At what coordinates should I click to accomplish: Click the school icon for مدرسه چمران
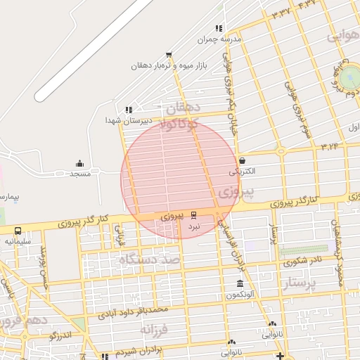pos(219,29)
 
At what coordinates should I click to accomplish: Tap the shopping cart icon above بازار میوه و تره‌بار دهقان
pos(168,55)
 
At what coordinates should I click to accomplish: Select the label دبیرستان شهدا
pos(128,121)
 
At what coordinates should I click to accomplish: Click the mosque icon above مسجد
pos(79,163)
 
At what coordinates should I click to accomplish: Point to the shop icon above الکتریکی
pos(242,160)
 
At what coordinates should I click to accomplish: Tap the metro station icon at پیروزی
pos(194,216)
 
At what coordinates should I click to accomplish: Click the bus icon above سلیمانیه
pos(18,231)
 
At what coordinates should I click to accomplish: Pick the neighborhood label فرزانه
pos(156,328)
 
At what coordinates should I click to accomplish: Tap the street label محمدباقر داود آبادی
pos(134,311)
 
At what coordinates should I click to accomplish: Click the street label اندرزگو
pos(63,335)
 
